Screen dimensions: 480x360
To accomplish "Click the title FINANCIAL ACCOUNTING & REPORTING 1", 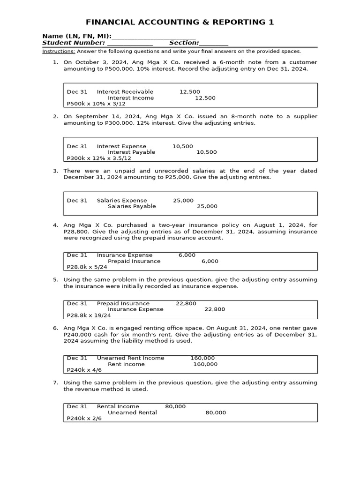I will tap(180, 22).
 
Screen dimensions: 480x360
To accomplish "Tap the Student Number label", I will tap(74, 43).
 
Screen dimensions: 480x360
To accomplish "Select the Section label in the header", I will tap(184, 43).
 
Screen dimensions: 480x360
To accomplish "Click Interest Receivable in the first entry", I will tap(125, 92).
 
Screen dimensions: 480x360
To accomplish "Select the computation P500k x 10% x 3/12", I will tap(96, 104).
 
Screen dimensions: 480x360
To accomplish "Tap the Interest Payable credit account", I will tap(131, 152).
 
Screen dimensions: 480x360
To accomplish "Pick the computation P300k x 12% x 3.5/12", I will tap(99, 158).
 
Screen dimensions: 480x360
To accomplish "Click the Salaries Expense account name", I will tap(121, 200).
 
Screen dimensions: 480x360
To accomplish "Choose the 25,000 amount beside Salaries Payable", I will tap(207, 206).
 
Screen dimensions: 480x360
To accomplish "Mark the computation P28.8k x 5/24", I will tap(87, 267).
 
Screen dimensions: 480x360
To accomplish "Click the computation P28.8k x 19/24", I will tap(89, 315).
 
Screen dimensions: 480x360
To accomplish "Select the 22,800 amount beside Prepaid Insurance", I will tap(186, 303).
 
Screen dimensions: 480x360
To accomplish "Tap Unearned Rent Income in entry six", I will tap(130, 358).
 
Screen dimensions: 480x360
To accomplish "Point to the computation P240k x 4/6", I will tap(84, 370).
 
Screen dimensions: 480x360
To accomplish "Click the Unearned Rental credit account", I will tap(132, 412).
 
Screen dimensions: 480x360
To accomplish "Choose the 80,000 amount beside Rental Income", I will tap(175, 406).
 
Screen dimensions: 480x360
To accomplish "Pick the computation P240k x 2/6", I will tap(84, 419).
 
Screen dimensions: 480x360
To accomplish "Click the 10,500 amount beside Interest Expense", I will tap(182, 146).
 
